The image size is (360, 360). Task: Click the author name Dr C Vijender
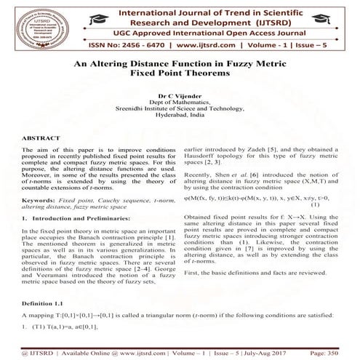(x=179, y=95)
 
